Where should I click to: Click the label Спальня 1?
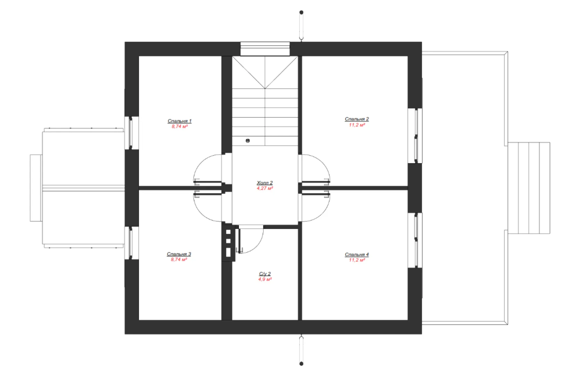180,121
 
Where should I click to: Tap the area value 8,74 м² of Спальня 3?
179,260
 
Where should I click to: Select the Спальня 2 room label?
357,119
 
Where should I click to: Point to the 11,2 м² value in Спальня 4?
357,260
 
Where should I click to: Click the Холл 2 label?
265,183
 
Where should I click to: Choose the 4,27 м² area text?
265,189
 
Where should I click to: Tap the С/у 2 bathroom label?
265,274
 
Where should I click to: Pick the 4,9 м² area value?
265,279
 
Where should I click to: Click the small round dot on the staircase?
248,141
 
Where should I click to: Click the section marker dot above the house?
301,12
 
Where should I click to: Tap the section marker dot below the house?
301,364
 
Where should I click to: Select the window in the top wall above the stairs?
265,49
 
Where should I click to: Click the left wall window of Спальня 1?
132,133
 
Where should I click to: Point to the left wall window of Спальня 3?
132,243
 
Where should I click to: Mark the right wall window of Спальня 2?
415,136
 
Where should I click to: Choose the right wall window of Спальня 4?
415,240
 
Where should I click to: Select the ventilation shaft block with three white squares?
229,243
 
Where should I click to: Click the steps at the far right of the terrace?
529,188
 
